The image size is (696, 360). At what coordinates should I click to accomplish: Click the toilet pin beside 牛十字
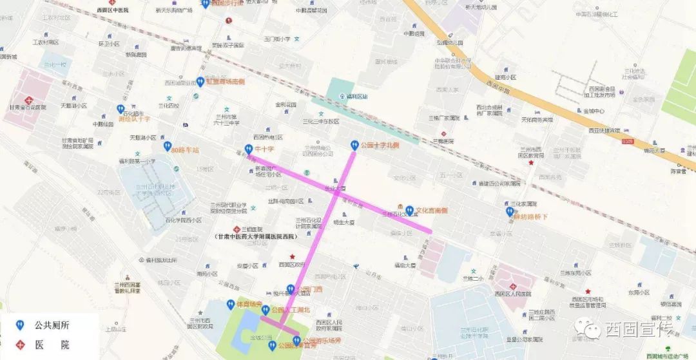248,149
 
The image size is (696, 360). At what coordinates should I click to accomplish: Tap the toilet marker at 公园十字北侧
354,146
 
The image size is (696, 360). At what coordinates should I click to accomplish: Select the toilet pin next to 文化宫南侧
409,210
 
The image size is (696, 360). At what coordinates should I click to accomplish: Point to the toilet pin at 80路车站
167,147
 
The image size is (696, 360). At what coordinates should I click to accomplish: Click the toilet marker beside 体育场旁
230,304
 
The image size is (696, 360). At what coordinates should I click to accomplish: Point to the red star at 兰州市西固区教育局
530,164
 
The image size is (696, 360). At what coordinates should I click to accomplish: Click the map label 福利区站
356,97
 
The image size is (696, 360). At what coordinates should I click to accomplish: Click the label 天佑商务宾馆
537,120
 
